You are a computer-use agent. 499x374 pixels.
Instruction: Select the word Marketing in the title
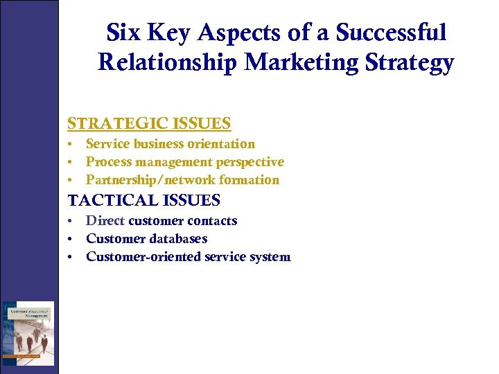(x=299, y=62)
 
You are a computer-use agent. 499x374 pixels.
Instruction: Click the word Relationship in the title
(x=168, y=62)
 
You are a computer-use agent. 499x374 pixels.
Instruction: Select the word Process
(x=107, y=162)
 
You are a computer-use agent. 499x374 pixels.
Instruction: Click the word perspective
(x=250, y=162)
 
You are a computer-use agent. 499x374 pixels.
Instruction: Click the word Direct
(x=105, y=221)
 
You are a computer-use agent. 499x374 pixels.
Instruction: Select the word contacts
(x=215, y=221)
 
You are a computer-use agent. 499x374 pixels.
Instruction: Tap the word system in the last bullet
(x=271, y=257)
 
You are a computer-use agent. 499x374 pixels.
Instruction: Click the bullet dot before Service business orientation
(x=71, y=145)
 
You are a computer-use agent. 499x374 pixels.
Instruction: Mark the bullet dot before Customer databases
(x=71, y=240)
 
